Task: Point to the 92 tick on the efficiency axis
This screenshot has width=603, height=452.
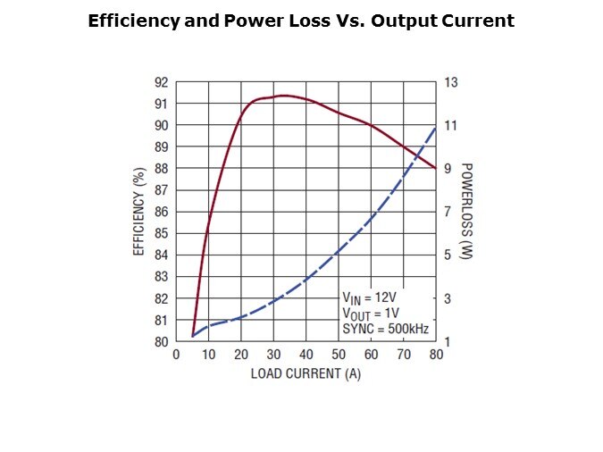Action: click(x=161, y=82)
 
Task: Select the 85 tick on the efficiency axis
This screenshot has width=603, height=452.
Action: click(x=161, y=233)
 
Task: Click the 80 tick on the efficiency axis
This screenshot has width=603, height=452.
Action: click(x=161, y=341)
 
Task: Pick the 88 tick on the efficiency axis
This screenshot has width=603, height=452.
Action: click(x=161, y=169)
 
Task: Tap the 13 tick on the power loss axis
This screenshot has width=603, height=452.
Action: click(x=451, y=82)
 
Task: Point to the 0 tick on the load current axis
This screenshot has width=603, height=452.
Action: click(x=177, y=355)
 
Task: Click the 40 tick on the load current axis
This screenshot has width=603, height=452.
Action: click(x=306, y=355)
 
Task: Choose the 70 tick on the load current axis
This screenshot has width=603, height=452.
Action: click(x=404, y=355)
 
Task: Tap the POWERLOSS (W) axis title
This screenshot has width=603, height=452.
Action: click(x=466, y=212)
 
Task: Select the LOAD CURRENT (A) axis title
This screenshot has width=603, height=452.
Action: click(x=306, y=372)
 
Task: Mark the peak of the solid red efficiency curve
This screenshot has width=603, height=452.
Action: click(x=283, y=96)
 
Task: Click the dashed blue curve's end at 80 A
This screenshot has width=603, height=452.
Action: click(x=436, y=126)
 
